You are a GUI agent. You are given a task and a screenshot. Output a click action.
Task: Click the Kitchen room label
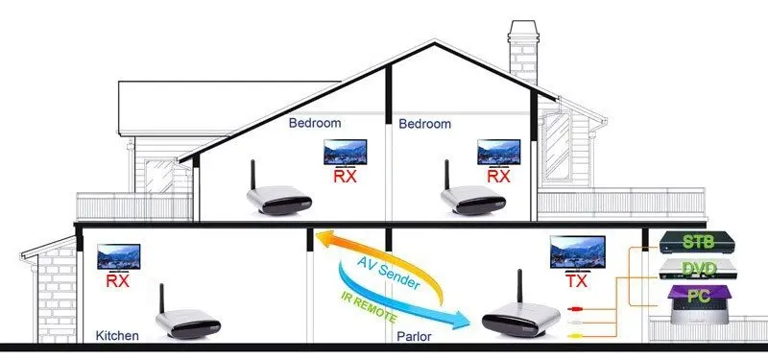tap(117, 336)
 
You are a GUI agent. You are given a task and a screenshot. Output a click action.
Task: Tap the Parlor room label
tap(414, 337)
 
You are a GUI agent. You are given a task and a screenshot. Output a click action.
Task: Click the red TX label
tap(577, 281)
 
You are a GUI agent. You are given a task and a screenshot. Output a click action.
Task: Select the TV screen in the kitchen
tap(118, 255)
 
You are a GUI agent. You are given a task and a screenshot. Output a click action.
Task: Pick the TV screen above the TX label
tap(578, 252)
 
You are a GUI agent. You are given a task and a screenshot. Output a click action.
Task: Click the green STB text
tap(698, 242)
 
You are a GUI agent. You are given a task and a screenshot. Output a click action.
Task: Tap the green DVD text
tap(699, 269)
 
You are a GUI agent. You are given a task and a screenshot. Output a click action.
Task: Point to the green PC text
tap(699, 296)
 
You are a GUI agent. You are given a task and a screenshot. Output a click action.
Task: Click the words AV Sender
tap(388, 273)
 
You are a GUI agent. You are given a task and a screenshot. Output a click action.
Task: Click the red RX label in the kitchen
tap(117, 281)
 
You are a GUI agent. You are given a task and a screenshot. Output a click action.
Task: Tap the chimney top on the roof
tap(523, 29)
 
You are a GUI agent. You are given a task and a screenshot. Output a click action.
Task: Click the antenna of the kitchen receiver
tap(161, 300)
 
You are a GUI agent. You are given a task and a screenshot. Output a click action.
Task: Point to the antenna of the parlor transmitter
tap(519, 286)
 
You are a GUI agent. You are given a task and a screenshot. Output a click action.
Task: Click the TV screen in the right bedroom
tap(499, 152)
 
